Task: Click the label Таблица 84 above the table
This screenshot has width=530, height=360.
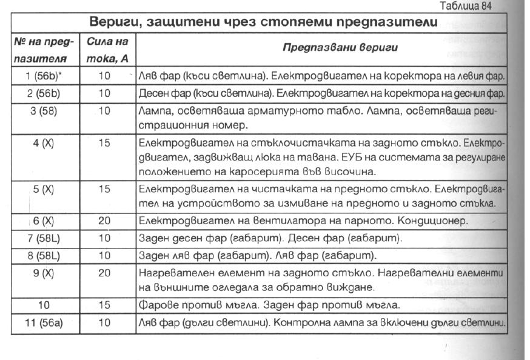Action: (x=469, y=6)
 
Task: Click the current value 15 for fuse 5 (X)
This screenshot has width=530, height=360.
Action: (x=104, y=189)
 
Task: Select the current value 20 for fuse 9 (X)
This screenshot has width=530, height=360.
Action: (x=104, y=273)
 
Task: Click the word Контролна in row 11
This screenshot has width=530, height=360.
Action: (x=299, y=322)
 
